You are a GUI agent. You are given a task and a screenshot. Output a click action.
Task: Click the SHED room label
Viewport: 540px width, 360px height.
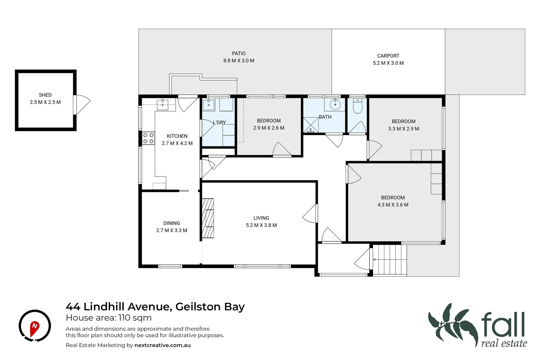45,95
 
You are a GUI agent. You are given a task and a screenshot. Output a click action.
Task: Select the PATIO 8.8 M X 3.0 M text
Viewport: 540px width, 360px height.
239,57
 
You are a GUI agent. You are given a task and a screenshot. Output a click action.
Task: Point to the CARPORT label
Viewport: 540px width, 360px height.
388,56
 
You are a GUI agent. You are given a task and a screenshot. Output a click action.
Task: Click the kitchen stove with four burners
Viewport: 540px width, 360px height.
148,138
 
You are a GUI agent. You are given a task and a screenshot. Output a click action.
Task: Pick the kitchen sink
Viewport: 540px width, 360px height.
162,104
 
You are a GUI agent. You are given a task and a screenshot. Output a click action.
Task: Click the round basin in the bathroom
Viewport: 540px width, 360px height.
335,104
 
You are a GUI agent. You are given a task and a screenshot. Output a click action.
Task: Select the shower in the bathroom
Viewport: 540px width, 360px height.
311,125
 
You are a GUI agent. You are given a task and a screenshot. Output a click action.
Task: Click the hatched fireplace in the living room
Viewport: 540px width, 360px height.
208,218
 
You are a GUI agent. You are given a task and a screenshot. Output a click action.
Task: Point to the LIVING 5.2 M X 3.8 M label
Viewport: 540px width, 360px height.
261,222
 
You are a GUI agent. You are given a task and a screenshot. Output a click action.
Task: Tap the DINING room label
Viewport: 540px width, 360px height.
172,223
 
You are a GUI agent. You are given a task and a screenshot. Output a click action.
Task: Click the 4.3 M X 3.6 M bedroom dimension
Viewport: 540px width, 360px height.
393,205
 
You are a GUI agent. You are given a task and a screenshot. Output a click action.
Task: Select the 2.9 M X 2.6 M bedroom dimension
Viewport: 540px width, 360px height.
269,128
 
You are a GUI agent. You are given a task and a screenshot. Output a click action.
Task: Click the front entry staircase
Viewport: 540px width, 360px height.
390,260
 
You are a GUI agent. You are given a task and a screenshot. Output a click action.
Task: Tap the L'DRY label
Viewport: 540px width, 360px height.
219,123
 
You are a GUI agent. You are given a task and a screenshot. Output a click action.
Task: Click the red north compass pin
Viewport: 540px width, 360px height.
34,328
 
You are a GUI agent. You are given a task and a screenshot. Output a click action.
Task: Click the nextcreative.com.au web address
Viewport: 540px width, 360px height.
162,345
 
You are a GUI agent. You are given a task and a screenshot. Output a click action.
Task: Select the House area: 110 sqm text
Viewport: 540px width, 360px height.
109,318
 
